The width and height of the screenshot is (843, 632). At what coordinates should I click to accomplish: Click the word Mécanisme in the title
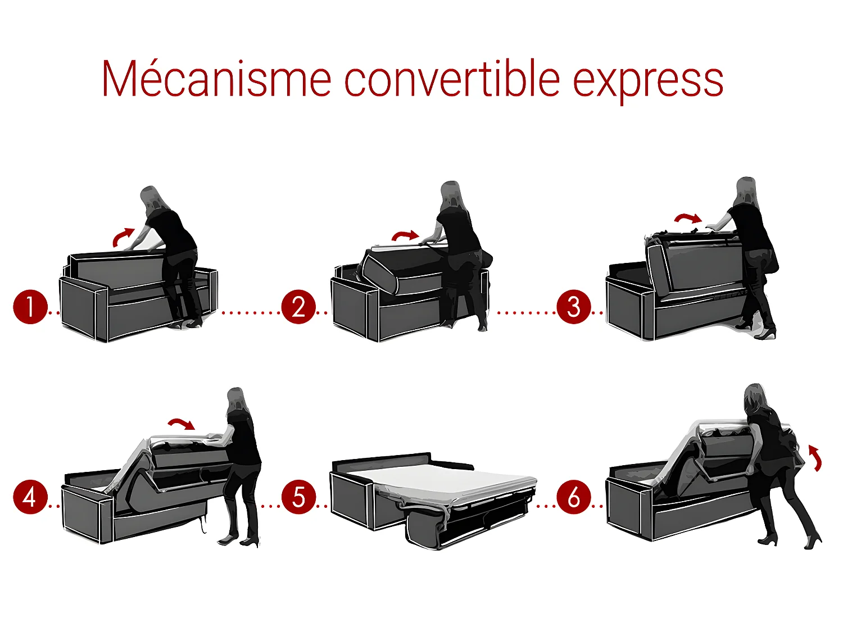(x=216, y=79)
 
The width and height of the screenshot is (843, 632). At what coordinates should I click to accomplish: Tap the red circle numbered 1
(x=30, y=307)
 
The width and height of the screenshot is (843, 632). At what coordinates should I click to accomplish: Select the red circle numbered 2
(x=298, y=307)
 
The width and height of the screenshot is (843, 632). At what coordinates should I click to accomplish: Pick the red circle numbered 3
(x=573, y=307)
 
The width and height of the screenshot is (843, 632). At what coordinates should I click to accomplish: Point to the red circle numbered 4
(x=30, y=497)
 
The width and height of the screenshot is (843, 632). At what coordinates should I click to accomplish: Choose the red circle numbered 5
(x=298, y=497)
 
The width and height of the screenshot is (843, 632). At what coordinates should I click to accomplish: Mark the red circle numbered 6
(x=573, y=497)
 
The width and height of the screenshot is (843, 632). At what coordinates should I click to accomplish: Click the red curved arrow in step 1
(x=123, y=237)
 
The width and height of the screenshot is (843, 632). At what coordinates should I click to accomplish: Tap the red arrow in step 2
(x=405, y=236)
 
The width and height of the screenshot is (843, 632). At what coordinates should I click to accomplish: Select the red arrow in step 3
(x=688, y=217)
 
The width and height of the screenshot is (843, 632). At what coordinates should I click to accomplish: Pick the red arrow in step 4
(x=181, y=424)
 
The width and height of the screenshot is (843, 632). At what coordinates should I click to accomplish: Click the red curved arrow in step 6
(x=816, y=457)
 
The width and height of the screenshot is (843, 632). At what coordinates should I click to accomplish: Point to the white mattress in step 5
(x=450, y=478)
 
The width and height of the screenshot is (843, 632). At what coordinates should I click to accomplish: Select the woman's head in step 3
(x=746, y=189)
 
